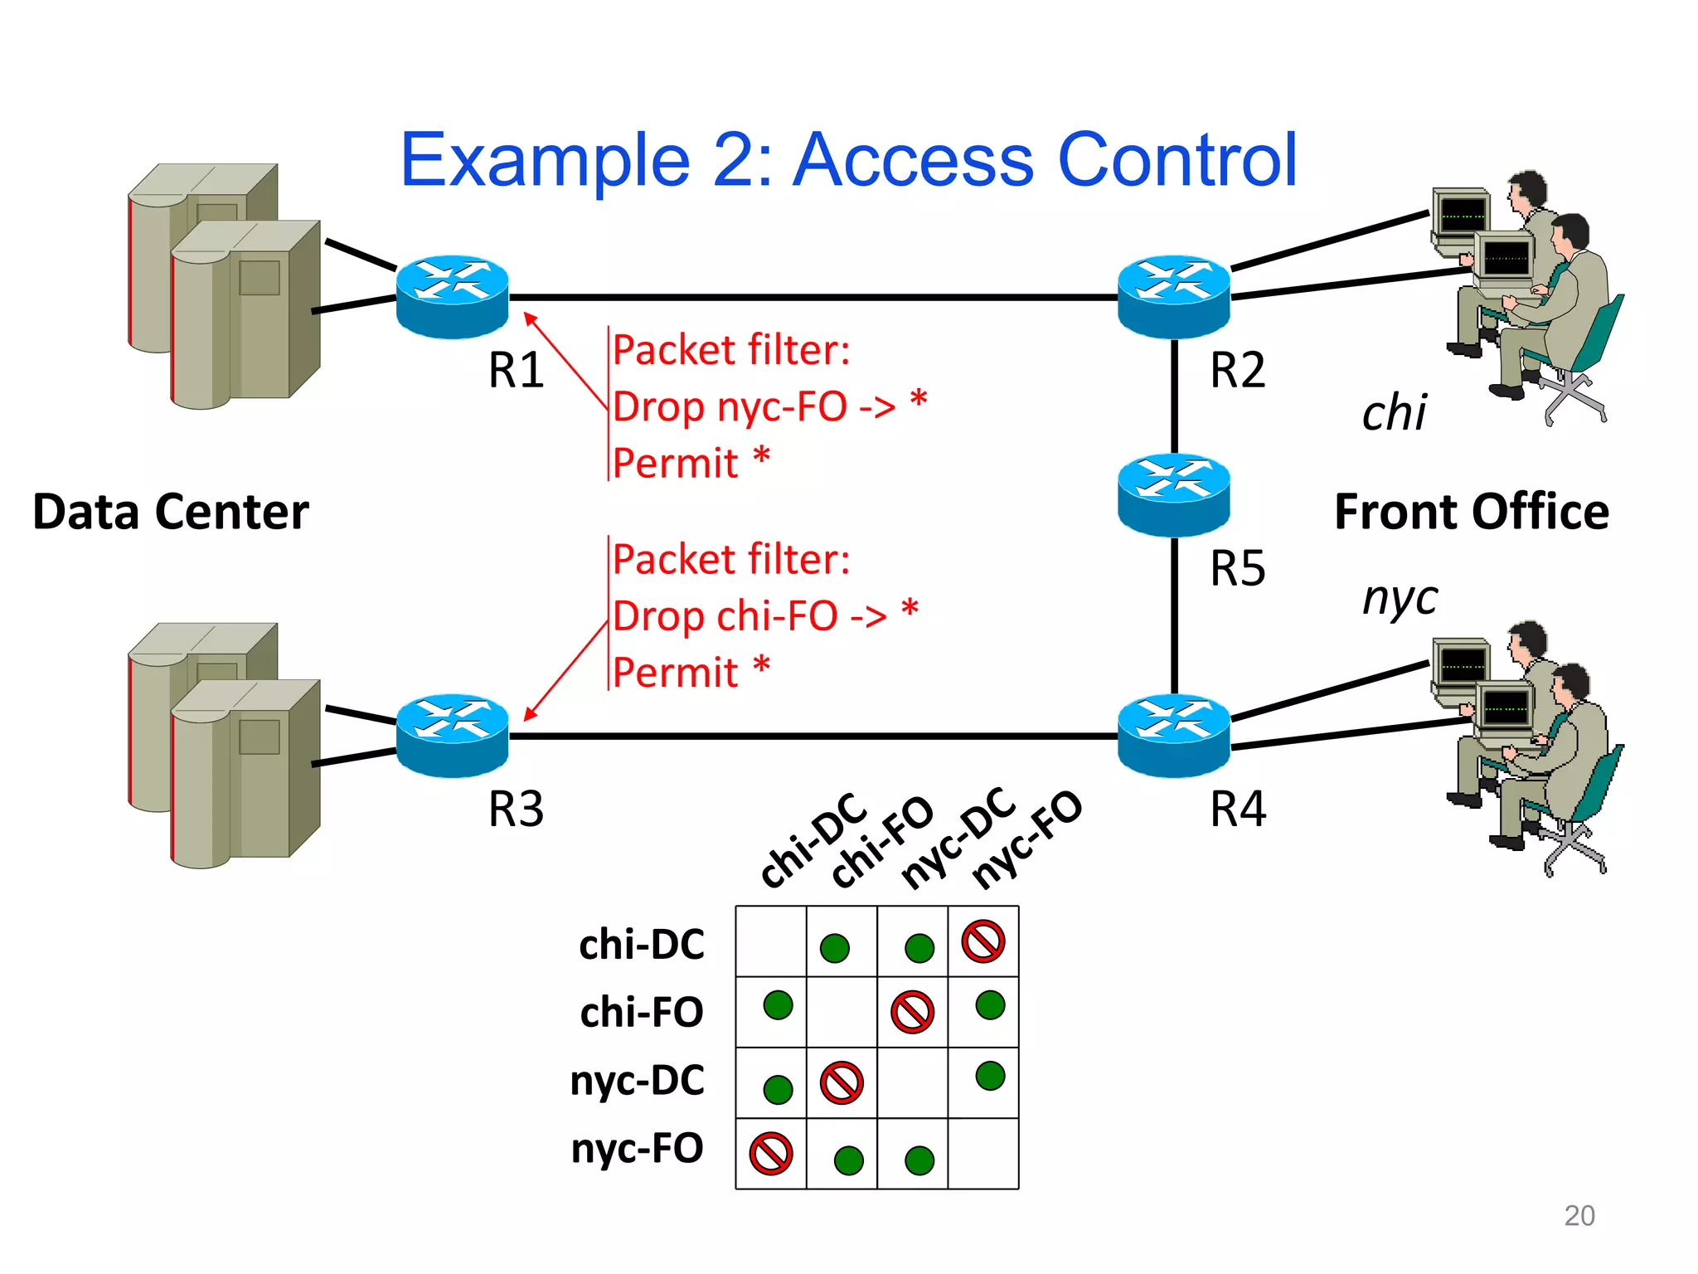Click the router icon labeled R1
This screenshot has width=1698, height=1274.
pos(452,296)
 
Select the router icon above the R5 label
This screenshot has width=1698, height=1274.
pos(1173,494)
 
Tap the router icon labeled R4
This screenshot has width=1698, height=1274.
pos(1173,735)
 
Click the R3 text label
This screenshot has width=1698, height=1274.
pos(516,809)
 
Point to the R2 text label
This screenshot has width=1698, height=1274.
pos(1237,370)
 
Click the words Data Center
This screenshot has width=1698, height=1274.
pos(171,511)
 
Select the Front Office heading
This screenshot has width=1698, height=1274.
pos(1471,511)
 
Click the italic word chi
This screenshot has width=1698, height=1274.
pos(1394,412)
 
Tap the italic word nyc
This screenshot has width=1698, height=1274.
pos(1400,598)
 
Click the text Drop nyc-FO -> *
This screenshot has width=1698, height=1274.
pos(769,406)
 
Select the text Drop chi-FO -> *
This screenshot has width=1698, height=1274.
pos(764,615)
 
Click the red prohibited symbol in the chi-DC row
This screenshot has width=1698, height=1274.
pos(983,941)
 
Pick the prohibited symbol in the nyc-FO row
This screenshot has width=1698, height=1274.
pos(771,1154)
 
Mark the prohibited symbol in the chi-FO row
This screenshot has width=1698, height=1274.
pos(912,1012)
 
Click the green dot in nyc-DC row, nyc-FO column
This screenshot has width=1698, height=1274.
pos(990,1076)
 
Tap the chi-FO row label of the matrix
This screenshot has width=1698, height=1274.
pos(642,1012)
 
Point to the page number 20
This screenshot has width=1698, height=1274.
pos(1579,1215)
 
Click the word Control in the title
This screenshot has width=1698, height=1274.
pos(1177,159)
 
